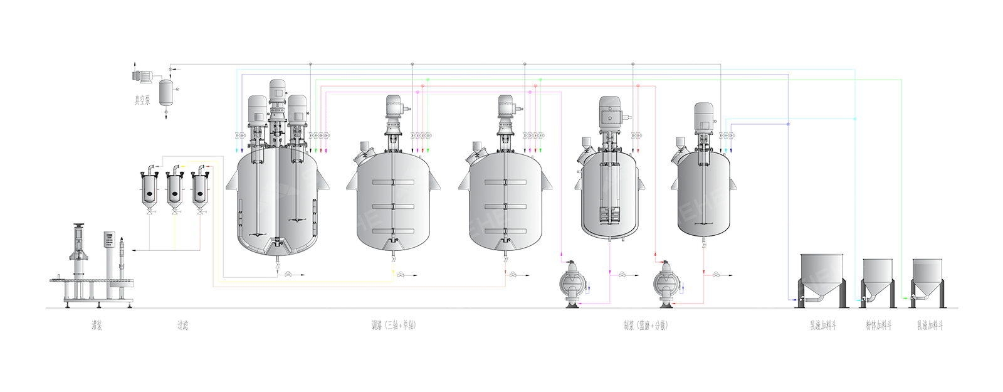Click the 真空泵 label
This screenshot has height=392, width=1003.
142,100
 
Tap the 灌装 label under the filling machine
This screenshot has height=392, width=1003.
96,325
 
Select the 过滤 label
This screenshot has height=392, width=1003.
182,325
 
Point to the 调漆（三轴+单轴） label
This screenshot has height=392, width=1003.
393,325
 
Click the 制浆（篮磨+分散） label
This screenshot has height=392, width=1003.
645,325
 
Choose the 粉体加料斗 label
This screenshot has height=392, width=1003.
878,325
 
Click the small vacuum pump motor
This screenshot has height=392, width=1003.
142,77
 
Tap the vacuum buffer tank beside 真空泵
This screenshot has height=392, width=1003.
165,92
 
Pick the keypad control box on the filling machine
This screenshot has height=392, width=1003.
110,240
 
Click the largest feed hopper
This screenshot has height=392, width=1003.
822,276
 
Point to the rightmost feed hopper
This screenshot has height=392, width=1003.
927,276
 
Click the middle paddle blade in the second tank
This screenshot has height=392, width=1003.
393,206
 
